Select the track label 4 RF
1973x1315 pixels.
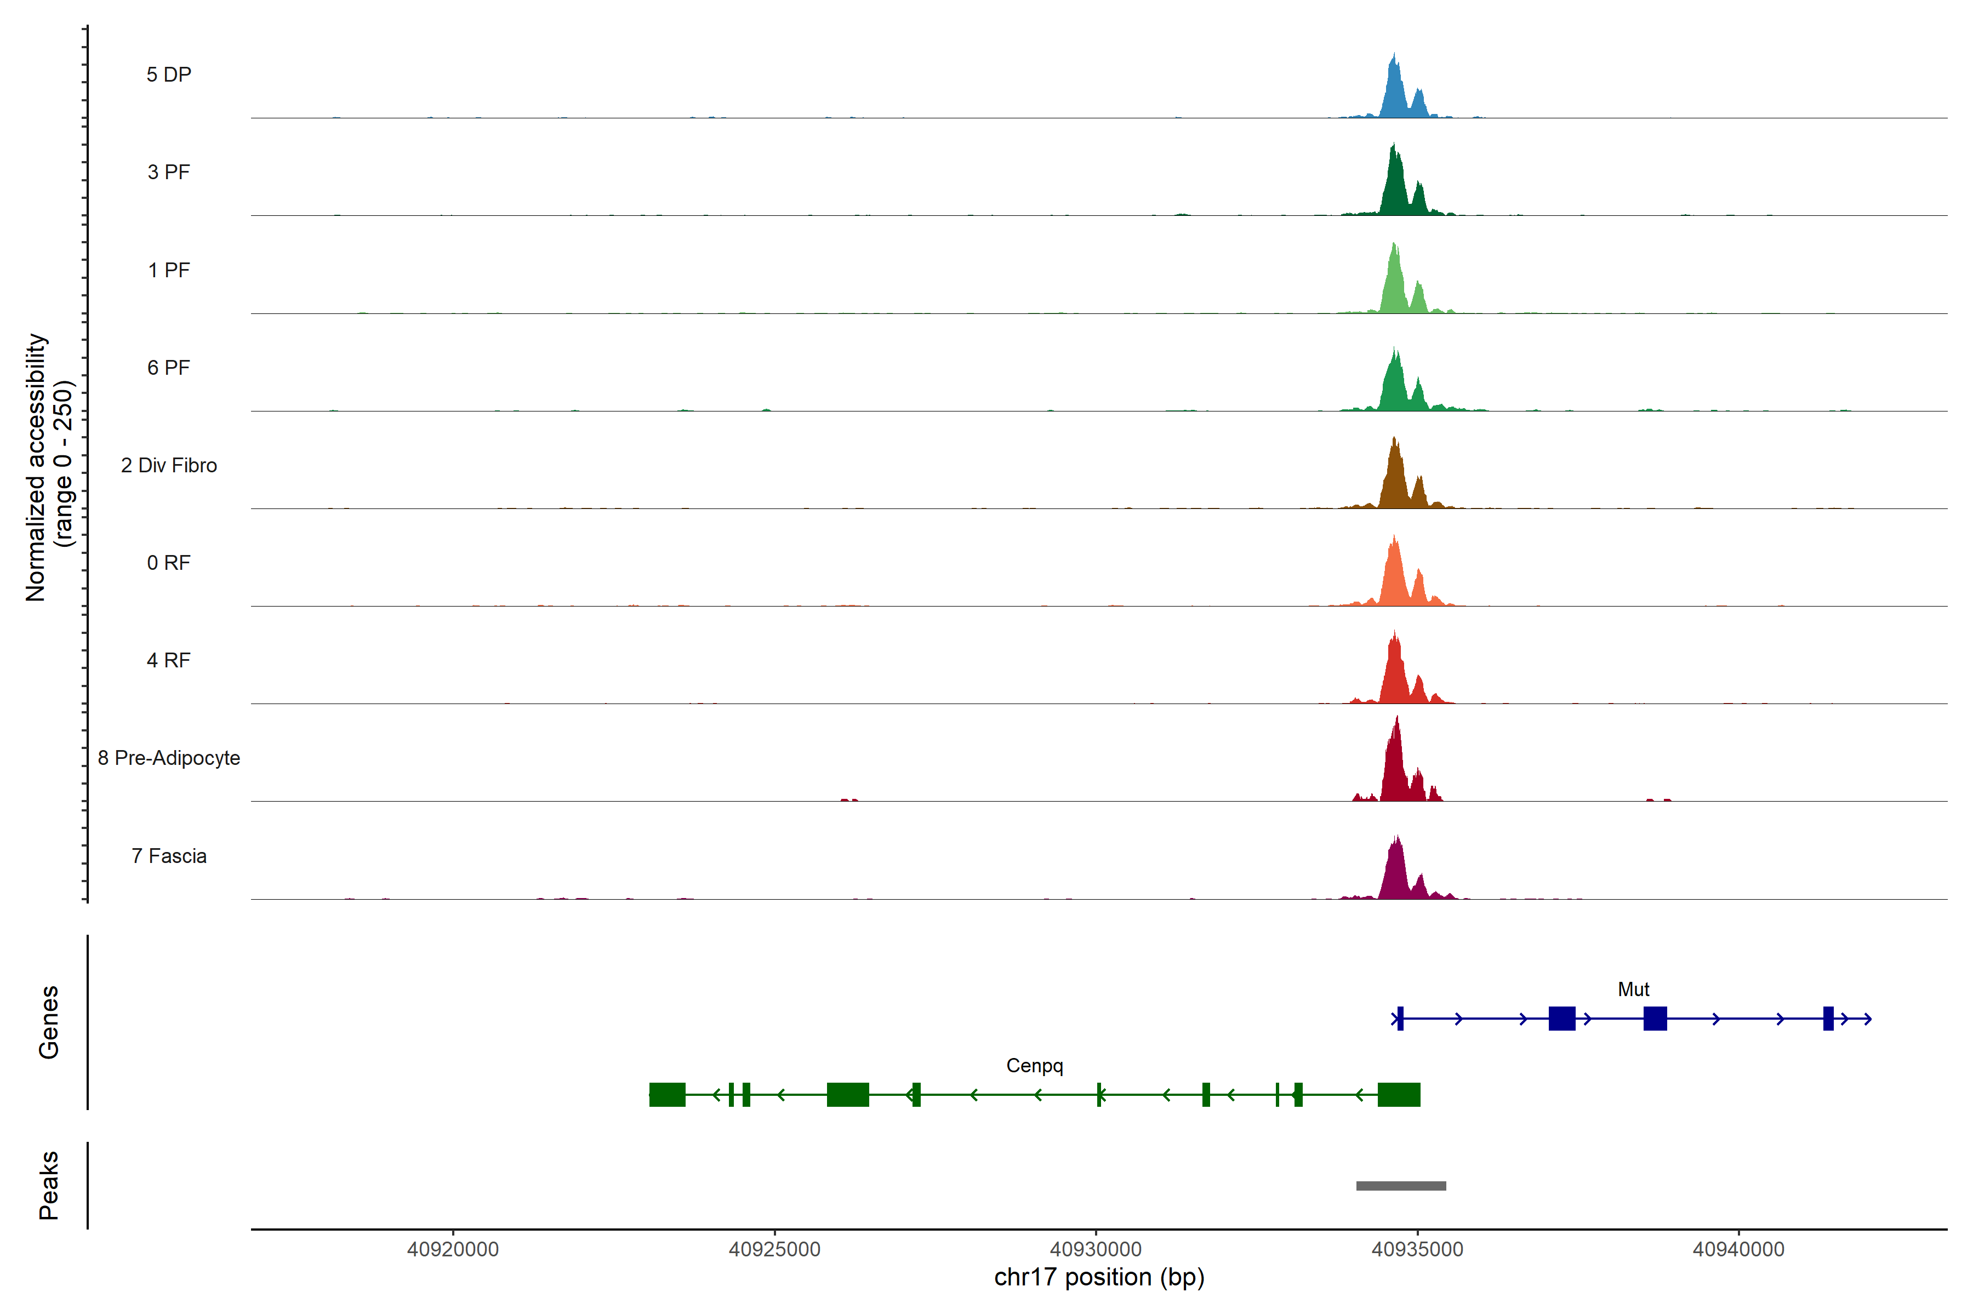tap(169, 660)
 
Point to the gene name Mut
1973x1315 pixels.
tap(1633, 990)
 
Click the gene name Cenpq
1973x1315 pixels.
tap(1034, 1066)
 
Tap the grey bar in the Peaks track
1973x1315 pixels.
tap(1401, 1186)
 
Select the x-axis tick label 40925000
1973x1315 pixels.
tap(774, 1250)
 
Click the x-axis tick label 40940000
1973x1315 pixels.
tap(1738, 1250)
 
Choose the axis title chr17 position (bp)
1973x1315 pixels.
tap(1099, 1277)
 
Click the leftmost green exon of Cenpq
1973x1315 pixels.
tap(667, 1094)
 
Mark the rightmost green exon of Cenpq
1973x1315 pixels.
tap(1399, 1094)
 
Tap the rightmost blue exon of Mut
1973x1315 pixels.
tap(1828, 1019)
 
